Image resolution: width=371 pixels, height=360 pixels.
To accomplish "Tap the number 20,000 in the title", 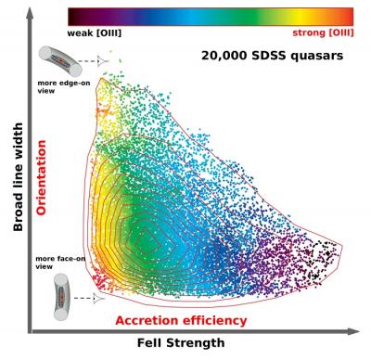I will (x=226, y=56).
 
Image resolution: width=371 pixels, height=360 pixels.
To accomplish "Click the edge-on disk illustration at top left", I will (x=58, y=60).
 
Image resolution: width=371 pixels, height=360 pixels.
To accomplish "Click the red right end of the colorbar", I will (x=348, y=16).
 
